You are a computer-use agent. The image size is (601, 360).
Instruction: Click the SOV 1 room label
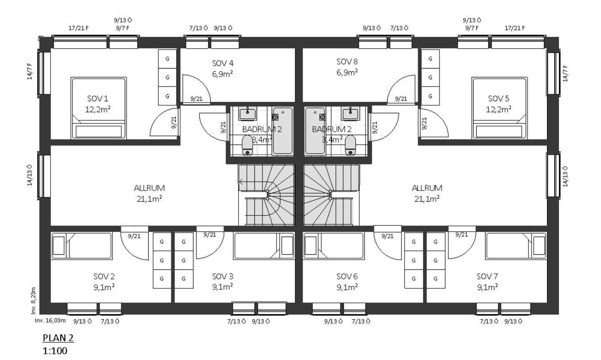[x=98, y=99]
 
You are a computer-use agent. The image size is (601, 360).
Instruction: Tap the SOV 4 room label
[x=223, y=64]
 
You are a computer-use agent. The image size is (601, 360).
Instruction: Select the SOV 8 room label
[x=347, y=62]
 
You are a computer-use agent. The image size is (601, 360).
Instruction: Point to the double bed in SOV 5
[x=499, y=108]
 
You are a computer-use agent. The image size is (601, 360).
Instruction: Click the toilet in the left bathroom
[x=247, y=145]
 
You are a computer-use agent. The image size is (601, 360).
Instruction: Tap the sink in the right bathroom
[x=350, y=114]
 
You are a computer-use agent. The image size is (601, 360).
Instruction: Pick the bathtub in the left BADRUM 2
[x=282, y=131]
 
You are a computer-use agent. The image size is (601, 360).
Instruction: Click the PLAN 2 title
[x=58, y=338]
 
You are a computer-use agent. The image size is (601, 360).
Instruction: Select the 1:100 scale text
[x=55, y=351]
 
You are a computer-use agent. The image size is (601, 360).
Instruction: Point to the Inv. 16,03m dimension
[x=50, y=321]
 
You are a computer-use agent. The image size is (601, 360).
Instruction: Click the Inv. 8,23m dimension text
[x=33, y=301]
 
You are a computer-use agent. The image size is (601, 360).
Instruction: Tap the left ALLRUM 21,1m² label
[x=149, y=193]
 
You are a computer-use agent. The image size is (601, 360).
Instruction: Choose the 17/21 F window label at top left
[x=79, y=28]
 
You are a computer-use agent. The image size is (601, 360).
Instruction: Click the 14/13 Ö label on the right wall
[x=565, y=176]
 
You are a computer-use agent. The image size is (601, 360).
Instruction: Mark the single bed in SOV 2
[x=81, y=246]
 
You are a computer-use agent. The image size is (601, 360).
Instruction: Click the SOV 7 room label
[x=487, y=276]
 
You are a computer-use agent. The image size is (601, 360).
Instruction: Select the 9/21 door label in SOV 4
[x=196, y=99]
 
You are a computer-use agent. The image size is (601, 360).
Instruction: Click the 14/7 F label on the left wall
[x=30, y=71]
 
